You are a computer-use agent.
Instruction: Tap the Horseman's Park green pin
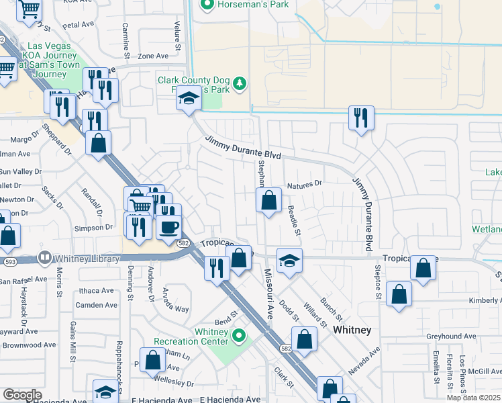207,5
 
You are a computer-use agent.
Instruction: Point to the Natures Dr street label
305,183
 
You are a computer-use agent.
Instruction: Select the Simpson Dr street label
94,228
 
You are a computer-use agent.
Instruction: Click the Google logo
21,395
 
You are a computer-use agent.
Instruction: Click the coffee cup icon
168,226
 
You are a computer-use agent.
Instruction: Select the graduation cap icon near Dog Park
189,99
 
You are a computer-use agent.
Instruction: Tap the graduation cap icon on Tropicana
289,260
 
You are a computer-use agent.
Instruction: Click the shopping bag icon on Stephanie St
268,199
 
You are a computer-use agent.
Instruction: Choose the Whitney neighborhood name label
352,330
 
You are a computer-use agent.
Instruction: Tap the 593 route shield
9,262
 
